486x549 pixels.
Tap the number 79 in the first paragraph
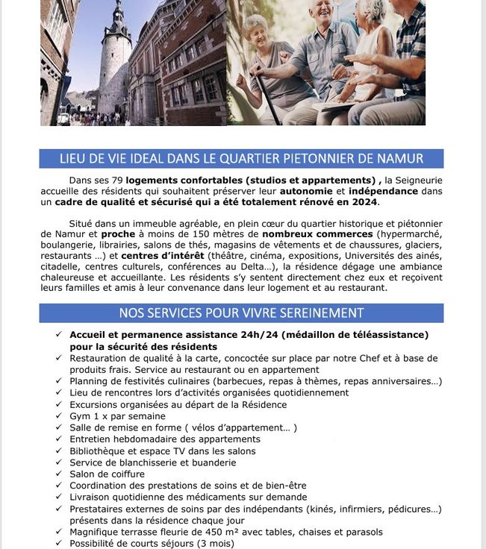[x=117, y=180]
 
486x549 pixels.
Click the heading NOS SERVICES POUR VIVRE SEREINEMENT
[x=241, y=313]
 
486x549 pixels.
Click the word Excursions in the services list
[x=95, y=404]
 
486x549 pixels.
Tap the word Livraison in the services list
[x=91, y=497]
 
